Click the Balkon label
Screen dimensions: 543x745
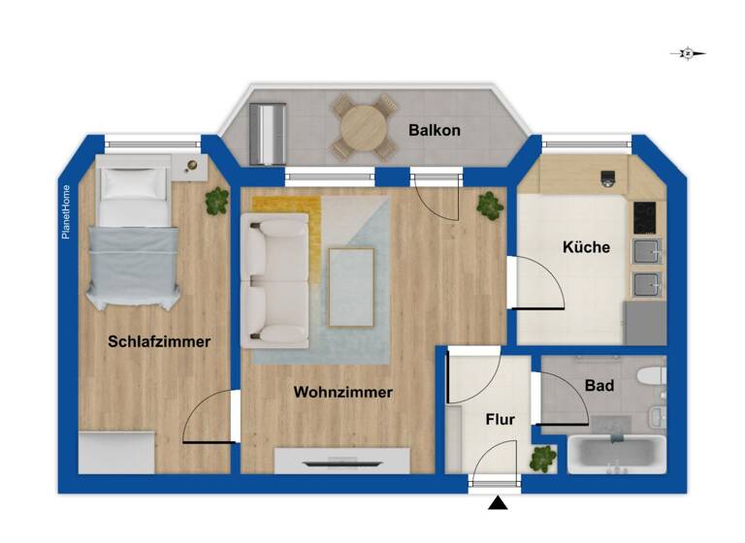434,130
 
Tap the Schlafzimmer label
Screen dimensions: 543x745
159,341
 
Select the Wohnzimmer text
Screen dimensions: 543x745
342,393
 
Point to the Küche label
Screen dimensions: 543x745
586,247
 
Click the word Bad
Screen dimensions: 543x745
599,386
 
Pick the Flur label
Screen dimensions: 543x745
500,420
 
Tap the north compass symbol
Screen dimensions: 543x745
688,54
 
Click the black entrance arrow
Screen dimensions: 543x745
498,502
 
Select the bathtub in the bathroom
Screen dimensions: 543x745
617,455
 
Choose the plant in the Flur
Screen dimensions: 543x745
543,457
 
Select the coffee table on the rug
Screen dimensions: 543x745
351,287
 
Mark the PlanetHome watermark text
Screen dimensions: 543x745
66,212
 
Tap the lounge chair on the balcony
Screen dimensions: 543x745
268,135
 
